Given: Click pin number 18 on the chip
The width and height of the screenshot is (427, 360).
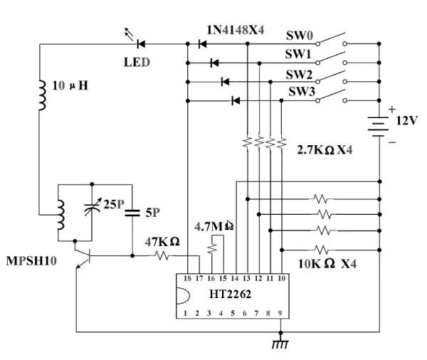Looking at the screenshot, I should tap(187, 277).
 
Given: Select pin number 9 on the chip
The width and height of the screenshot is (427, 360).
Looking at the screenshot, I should tap(280, 312).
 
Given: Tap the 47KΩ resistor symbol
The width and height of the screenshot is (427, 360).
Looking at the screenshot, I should tap(162, 255).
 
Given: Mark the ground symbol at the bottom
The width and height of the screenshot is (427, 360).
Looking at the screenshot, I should tap(281, 344).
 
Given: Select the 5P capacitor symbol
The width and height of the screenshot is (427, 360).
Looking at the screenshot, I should tap(132, 211).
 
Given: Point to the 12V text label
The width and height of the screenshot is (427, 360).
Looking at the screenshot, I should tap(406, 121).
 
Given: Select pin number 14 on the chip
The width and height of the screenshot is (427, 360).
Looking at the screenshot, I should tap(234, 277).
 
